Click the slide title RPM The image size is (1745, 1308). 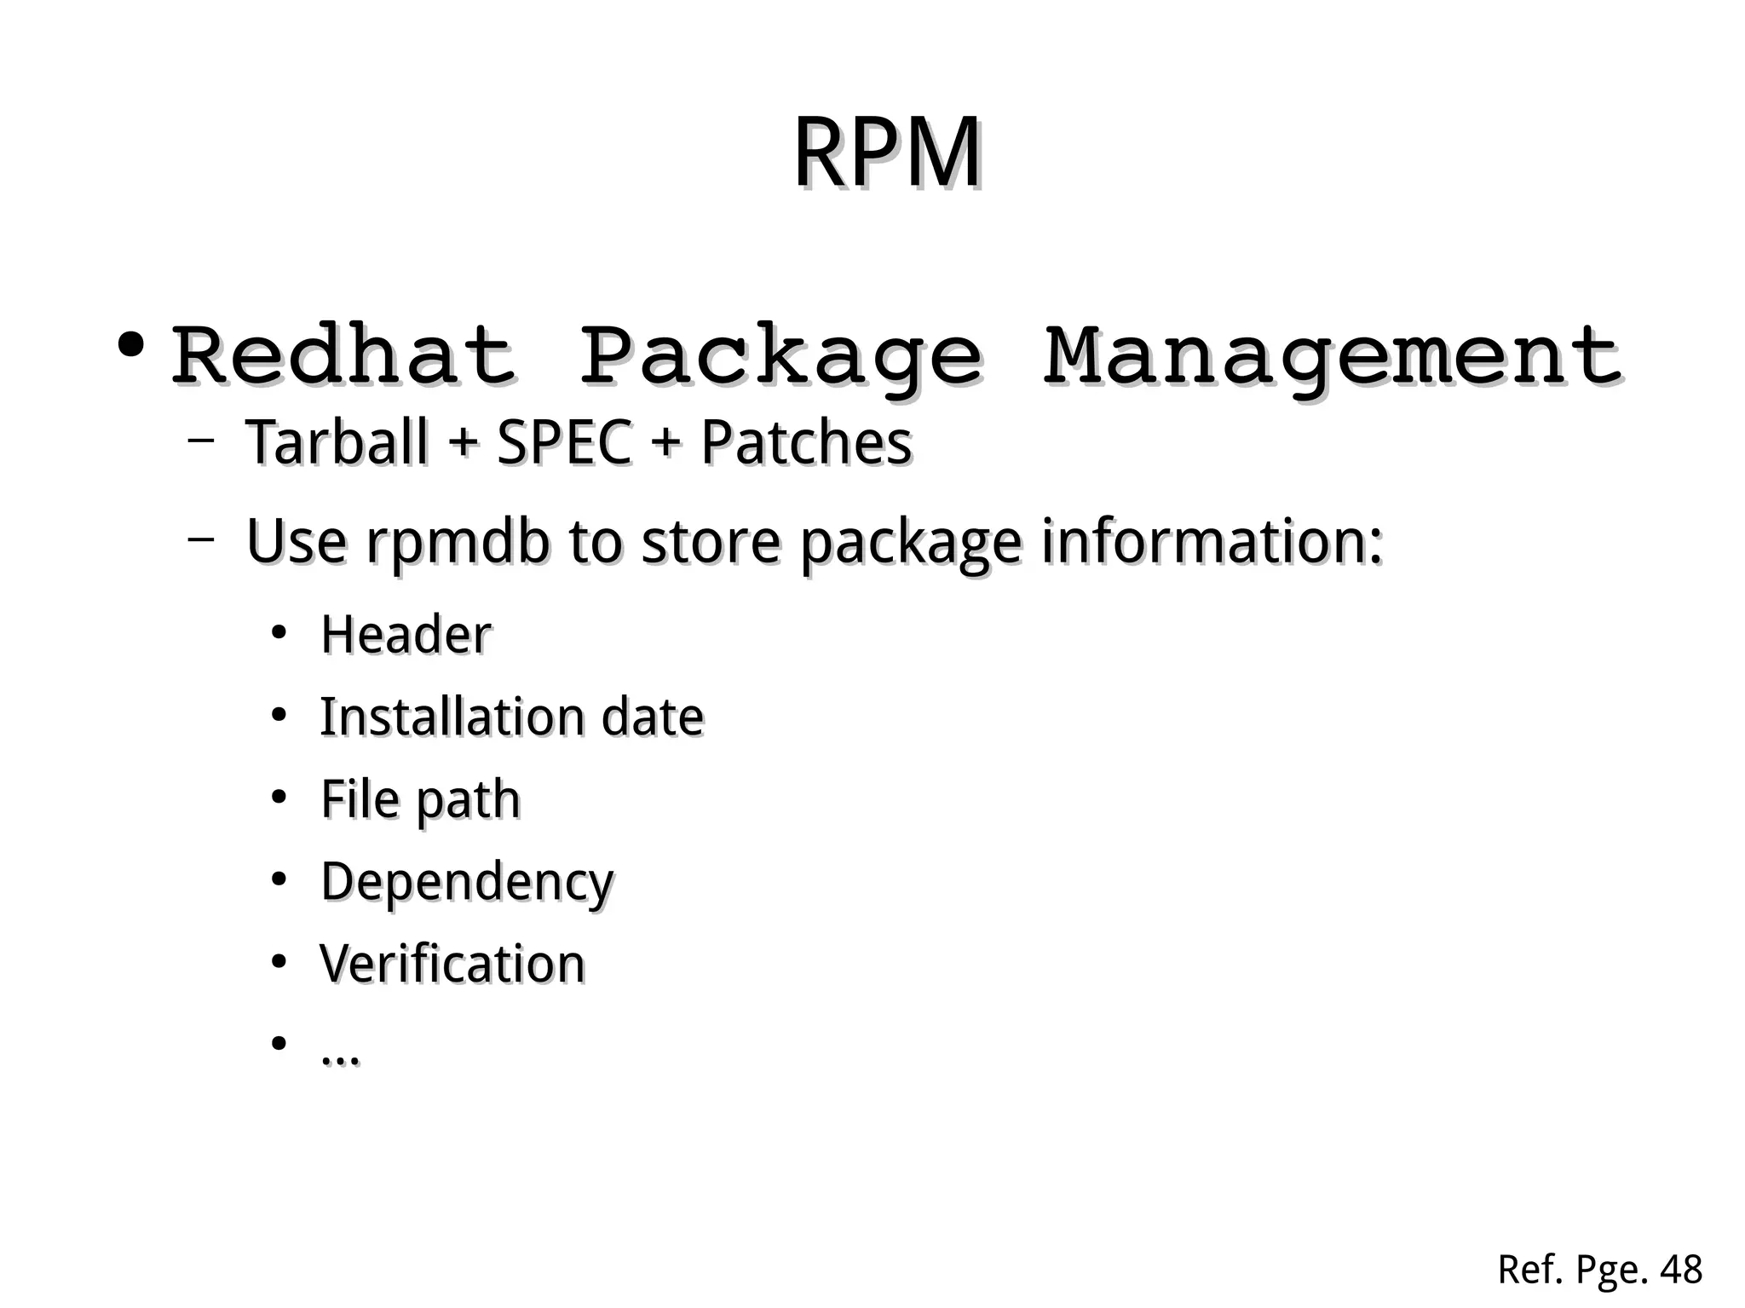coord(887,153)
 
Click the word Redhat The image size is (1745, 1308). coord(343,356)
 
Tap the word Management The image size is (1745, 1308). coord(1333,356)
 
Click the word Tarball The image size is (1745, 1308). coord(337,443)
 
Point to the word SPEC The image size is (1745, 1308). coord(564,443)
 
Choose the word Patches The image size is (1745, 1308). coord(806,443)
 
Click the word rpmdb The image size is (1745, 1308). coord(458,543)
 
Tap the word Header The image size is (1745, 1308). coord(406,635)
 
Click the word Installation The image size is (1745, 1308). coord(452,717)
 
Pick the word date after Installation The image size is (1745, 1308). coord(653,717)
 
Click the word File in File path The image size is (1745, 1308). coord(360,799)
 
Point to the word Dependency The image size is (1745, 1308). coord(467,883)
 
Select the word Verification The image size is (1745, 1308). coord(452,964)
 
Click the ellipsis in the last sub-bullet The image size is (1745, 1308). coord(340,1057)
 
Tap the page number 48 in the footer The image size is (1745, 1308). coord(1681,1271)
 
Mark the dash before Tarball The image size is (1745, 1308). coord(200,441)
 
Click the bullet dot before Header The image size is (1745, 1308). coord(278,634)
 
